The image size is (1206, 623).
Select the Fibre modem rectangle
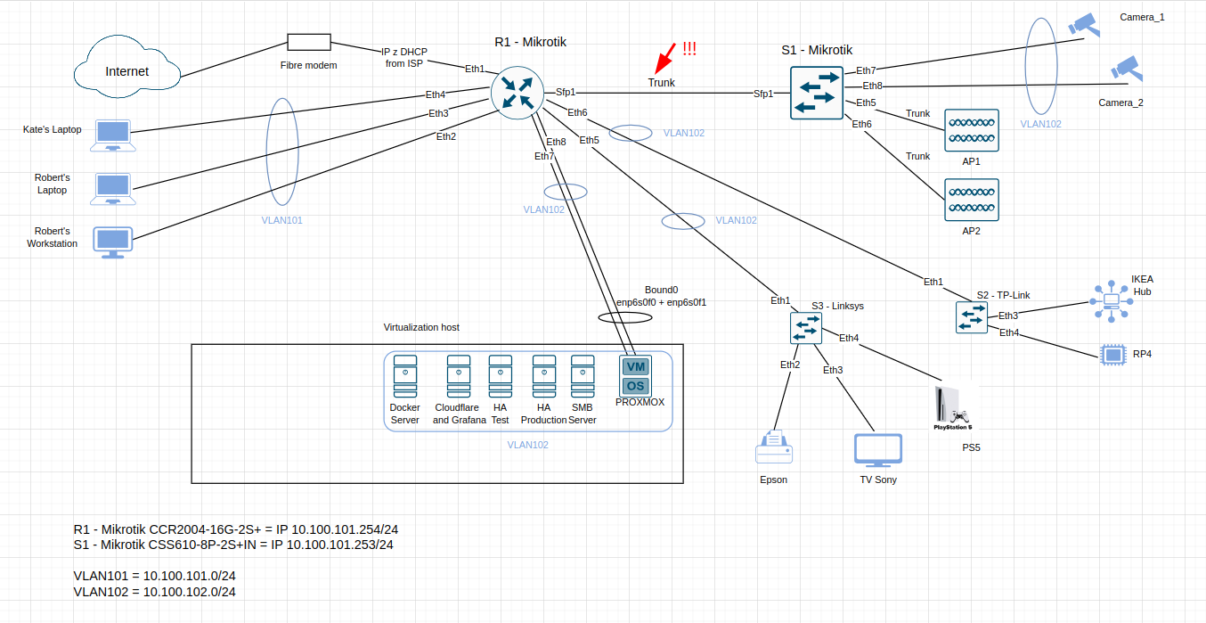pyautogui.click(x=309, y=43)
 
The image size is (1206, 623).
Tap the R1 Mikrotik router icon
pyautogui.click(x=517, y=94)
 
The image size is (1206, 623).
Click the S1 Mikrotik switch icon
pyautogui.click(x=816, y=94)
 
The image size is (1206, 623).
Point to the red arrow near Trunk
pyautogui.click(x=663, y=59)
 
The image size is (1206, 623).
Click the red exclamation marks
pyautogui.click(x=689, y=49)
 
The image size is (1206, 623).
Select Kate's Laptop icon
pyautogui.click(x=114, y=134)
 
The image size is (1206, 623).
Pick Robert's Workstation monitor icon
pyautogui.click(x=114, y=242)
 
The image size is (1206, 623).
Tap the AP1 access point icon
pyautogui.click(x=972, y=131)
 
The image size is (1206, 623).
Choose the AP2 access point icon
pyautogui.click(x=972, y=201)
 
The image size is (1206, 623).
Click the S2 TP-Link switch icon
pyautogui.click(x=972, y=317)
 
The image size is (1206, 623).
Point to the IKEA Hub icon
pyautogui.click(x=1112, y=301)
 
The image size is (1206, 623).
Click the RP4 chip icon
pyautogui.click(x=1112, y=355)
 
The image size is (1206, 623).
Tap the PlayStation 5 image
pyautogui.click(x=953, y=408)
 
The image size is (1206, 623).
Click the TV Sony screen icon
pyautogui.click(x=877, y=450)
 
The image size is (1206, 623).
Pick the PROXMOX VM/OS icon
pyautogui.click(x=636, y=376)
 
